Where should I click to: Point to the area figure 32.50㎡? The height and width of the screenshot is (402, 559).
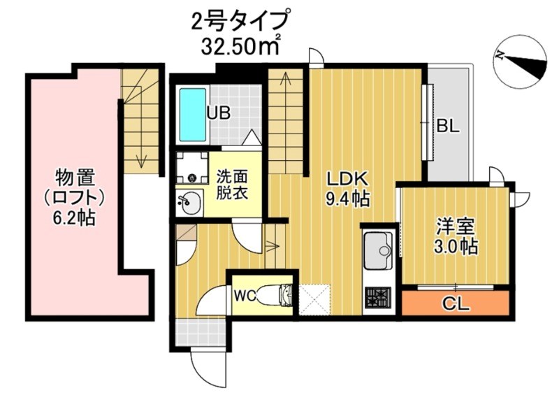242,48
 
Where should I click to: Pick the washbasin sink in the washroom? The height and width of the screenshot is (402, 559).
189,204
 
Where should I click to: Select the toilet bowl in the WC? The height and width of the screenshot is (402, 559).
284,296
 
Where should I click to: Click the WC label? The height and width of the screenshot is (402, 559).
243,296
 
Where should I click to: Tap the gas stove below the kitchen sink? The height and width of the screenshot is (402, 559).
379,299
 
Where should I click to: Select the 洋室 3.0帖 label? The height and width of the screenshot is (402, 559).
457,236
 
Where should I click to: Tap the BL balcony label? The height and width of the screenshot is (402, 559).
448,127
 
